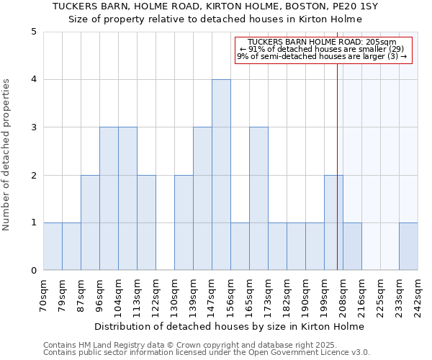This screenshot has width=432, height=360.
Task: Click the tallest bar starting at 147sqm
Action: tap(221, 175)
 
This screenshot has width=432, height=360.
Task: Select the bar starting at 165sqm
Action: tap(258, 199)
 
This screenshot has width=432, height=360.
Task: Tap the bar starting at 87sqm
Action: tap(90, 222)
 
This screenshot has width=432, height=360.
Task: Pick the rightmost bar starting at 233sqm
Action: tap(408, 246)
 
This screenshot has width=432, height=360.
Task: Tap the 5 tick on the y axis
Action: tap(33, 32)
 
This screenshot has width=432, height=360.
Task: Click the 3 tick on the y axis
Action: tap(33, 127)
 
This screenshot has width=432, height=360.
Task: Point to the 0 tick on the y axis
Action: tap(33, 271)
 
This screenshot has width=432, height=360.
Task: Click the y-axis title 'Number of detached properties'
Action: tap(7, 156)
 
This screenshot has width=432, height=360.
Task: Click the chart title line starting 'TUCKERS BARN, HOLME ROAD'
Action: tap(216, 6)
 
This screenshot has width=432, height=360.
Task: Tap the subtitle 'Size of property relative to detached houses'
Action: tap(216, 19)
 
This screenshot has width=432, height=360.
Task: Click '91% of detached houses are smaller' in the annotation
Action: tap(322, 49)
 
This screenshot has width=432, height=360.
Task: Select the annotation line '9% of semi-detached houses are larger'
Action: tap(322, 56)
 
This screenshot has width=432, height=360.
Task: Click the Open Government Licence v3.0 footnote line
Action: tap(206, 353)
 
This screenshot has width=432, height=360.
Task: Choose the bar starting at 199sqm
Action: tap(333, 222)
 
